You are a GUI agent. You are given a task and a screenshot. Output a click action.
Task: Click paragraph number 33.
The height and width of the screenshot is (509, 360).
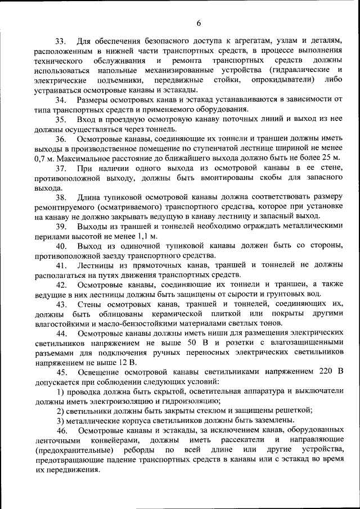click(61, 41)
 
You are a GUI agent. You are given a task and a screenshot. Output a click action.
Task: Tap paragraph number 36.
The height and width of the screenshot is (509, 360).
click(61, 138)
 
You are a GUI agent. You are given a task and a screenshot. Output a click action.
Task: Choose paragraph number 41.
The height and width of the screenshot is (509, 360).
click(61, 265)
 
